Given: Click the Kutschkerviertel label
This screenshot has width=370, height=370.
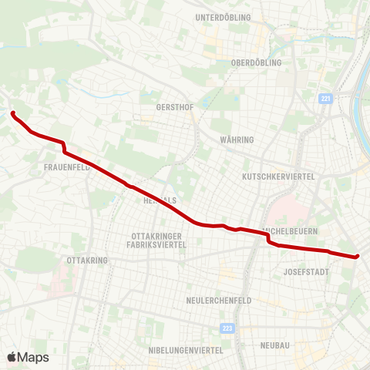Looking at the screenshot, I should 278,177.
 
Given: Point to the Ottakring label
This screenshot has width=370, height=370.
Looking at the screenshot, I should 87,261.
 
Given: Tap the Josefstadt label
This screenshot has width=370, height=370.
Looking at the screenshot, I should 306,272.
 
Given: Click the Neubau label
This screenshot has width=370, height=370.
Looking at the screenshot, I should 275,345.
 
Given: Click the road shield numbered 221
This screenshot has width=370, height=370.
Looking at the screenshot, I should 325,99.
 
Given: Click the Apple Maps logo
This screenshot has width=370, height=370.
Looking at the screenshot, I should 28,357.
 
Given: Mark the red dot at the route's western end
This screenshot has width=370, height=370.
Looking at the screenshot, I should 13,114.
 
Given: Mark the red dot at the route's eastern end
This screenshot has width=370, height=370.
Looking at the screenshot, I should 358,256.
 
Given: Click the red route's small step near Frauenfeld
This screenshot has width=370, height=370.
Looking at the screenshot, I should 65,148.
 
